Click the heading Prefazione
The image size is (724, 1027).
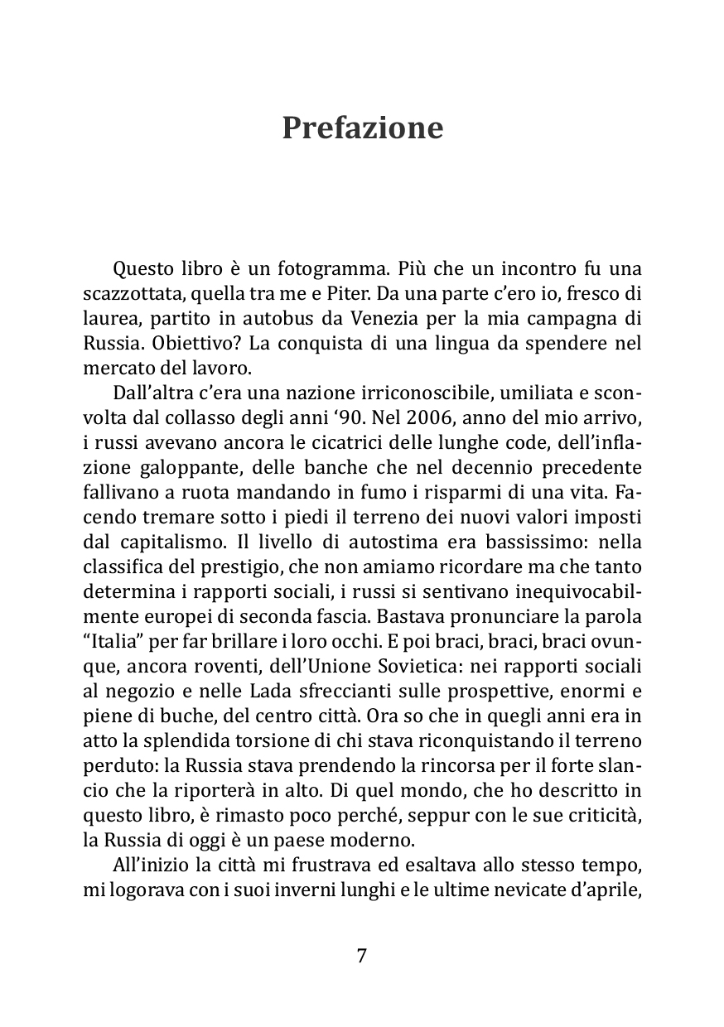[x=362, y=128]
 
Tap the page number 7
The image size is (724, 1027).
[x=362, y=955]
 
